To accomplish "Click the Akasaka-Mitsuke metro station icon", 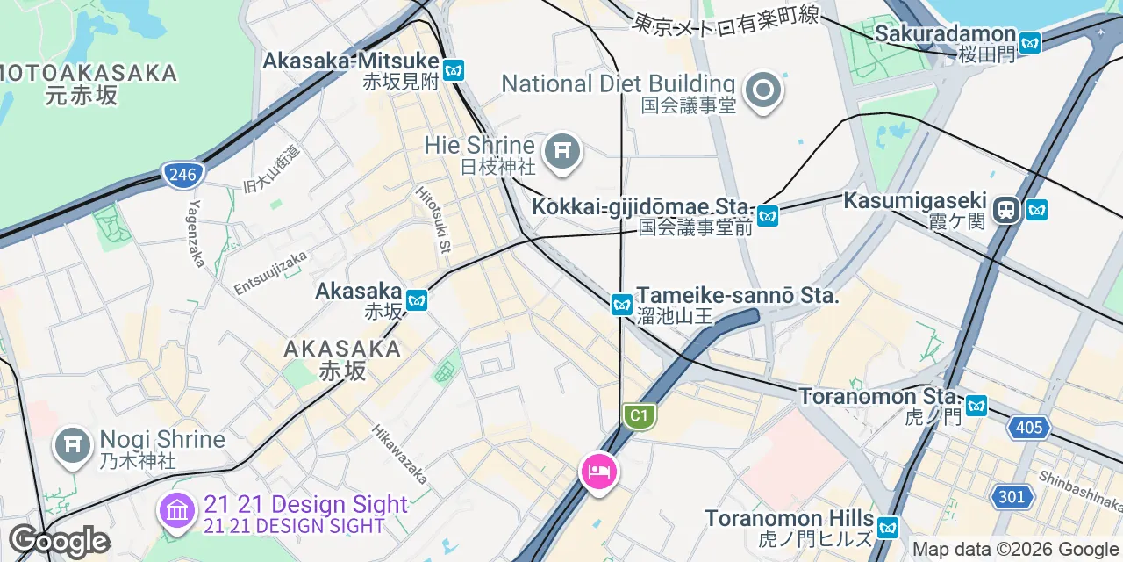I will pyautogui.click(x=454, y=70).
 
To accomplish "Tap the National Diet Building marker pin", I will pyautogui.click(x=762, y=90).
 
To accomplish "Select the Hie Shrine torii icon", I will pyautogui.click(x=561, y=153).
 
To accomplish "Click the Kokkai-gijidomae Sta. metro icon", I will pyautogui.click(x=768, y=215).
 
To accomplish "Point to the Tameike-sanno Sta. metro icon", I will pyautogui.click(x=622, y=305).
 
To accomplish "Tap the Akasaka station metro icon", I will pyautogui.click(x=416, y=299).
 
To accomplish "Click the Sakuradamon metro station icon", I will pyautogui.click(x=1029, y=42).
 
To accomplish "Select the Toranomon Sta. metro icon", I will pyautogui.click(x=976, y=406).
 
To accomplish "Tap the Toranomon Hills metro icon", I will pyautogui.click(x=888, y=528).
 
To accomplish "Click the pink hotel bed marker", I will pyautogui.click(x=599, y=472).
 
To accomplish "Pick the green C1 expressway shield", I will pyautogui.click(x=640, y=415).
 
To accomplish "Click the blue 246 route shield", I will pyautogui.click(x=182, y=175).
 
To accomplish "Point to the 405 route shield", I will pyautogui.click(x=1026, y=428).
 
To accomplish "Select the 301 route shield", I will pyautogui.click(x=1012, y=497).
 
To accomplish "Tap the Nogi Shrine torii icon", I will pyautogui.click(x=70, y=447).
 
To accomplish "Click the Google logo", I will pyautogui.click(x=59, y=541).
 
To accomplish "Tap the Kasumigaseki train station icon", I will pyautogui.click(x=1006, y=210).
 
